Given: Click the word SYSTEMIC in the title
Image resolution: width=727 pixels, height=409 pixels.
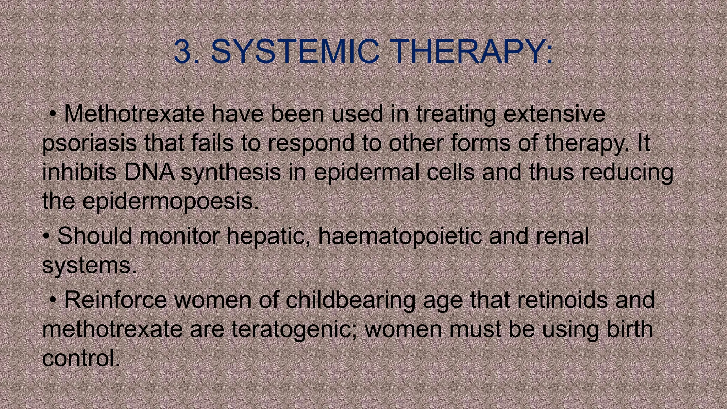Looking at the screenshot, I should tap(295, 52).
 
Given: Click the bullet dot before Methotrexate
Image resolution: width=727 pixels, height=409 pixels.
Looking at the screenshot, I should tap(53, 114).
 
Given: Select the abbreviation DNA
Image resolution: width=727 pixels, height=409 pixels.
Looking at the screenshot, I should tap(149, 172).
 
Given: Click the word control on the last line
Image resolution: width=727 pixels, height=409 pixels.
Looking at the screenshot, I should tap(80, 358).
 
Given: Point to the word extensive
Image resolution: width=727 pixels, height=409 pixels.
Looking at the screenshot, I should tap(554, 114).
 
